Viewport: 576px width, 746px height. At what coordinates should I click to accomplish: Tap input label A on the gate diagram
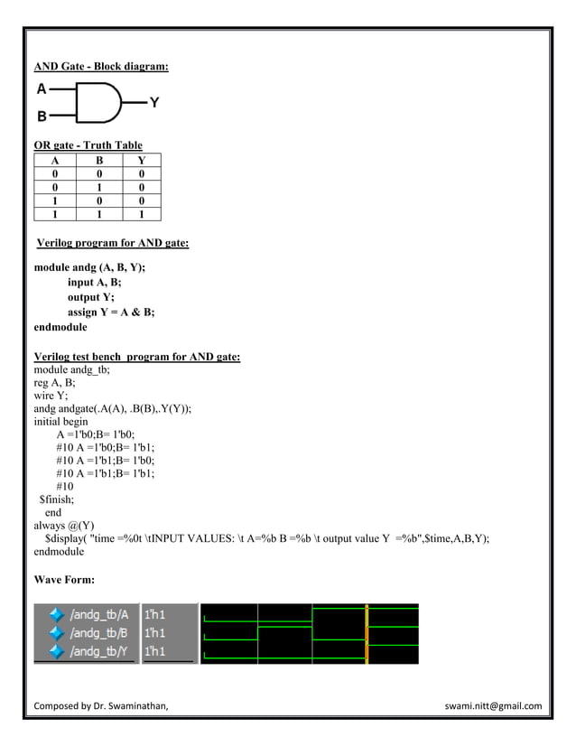(42, 89)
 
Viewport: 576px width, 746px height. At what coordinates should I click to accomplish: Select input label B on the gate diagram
(42, 117)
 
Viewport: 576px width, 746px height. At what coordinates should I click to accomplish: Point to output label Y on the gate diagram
(154, 103)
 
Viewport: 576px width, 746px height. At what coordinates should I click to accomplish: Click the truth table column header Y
(141, 158)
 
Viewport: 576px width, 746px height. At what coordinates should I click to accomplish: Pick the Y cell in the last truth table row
(141, 214)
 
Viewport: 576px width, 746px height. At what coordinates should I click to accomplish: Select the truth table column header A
(56, 158)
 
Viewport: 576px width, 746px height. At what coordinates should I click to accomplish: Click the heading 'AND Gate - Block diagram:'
(101, 67)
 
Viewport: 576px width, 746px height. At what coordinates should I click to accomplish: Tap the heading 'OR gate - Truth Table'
(88, 145)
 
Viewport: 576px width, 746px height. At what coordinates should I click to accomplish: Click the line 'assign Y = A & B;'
(111, 312)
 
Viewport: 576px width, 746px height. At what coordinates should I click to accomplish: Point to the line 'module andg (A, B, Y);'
(89, 268)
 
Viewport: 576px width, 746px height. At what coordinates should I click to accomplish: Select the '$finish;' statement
(57, 498)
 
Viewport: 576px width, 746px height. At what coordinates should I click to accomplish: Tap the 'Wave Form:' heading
(64, 577)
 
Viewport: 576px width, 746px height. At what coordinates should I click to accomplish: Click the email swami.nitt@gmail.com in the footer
(493, 705)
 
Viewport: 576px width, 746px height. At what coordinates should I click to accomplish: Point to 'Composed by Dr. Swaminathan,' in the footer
(101, 705)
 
